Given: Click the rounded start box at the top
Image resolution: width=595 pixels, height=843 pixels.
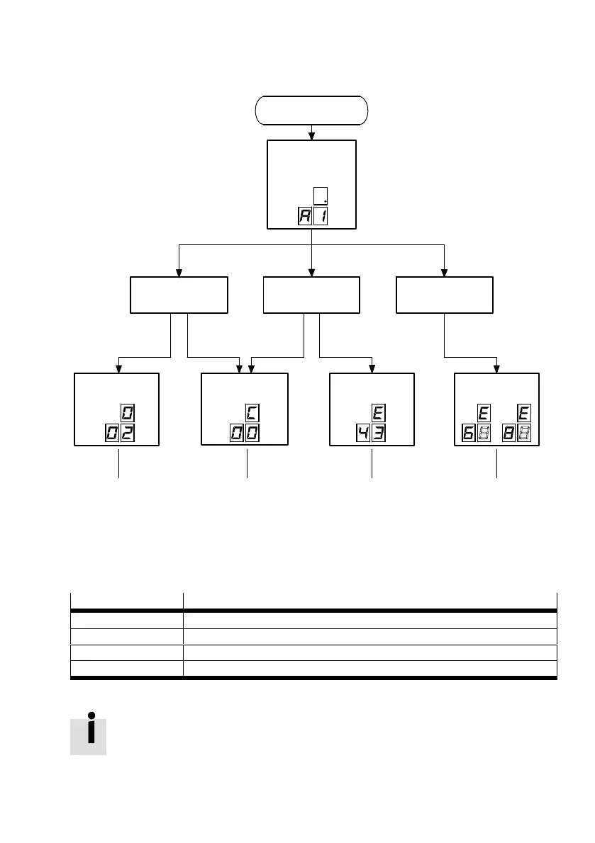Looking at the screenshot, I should pyautogui.click(x=311, y=111).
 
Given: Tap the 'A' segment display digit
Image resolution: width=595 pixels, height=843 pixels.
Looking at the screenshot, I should pyautogui.click(x=304, y=217).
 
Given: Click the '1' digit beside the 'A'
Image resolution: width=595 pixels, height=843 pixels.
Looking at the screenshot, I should pyautogui.click(x=321, y=217).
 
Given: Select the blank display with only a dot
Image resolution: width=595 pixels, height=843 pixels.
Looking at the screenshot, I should pyautogui.click(x=321, y=196).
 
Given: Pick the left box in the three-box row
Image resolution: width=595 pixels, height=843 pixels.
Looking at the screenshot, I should pyautogui.click(x=179, y=295).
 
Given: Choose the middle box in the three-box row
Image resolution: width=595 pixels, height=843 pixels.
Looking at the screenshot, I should pyautogui.click(x=311, y=295).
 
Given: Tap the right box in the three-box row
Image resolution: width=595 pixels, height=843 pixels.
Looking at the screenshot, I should pyautogui.click(x=444, y=295).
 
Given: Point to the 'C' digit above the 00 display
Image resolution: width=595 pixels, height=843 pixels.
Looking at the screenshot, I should pyautogui.click(x=252, y=412).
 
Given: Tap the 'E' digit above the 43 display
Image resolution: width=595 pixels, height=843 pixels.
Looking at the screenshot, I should pyautogui.click(x=379, y=412).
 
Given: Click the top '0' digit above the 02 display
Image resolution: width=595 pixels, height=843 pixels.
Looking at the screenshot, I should pyautogui.click(x=128, y=412).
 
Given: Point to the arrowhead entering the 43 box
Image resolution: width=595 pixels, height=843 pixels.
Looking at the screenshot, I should pyautogui.click(x=372, y=368).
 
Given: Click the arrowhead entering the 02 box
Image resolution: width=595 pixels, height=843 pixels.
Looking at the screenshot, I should pyautogui.click(x=118, y=368).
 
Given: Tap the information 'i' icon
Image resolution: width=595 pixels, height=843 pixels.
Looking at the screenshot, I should pyautogui.click(x=89, y=736).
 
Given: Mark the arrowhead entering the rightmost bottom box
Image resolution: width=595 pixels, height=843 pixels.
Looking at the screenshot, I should pyautogui.click(x=496, y=368).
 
